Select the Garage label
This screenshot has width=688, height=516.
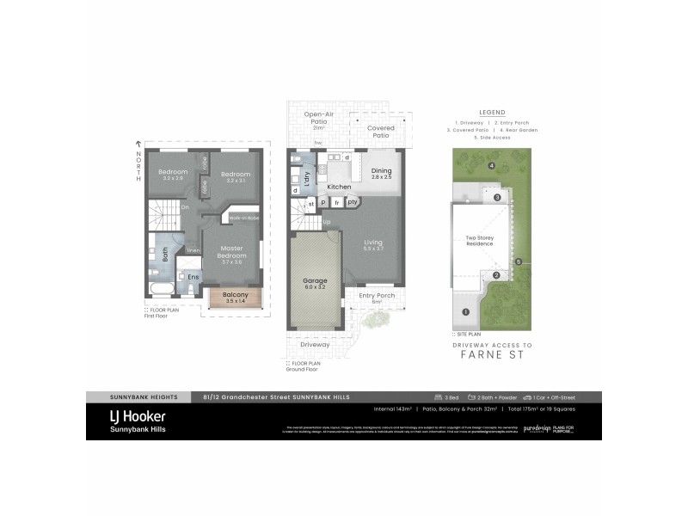pyautogui.click(x=315, y=283)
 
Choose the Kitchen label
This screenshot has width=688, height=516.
pyautogui.click(x=339, y=187)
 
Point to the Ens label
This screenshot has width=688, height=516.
pyautogui.click(x=193, y=277)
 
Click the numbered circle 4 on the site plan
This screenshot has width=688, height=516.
pyautogui.click(x=492, y=165)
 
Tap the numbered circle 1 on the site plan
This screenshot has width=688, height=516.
pyautogui.click(x=465, y=312)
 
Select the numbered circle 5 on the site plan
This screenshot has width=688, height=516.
pyautogui.click(x=518, y=261)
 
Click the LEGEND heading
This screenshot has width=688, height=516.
pyautogui.click(x=492, y=113)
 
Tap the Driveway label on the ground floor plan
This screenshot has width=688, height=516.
pyautogui.click(x=316, y=344)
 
